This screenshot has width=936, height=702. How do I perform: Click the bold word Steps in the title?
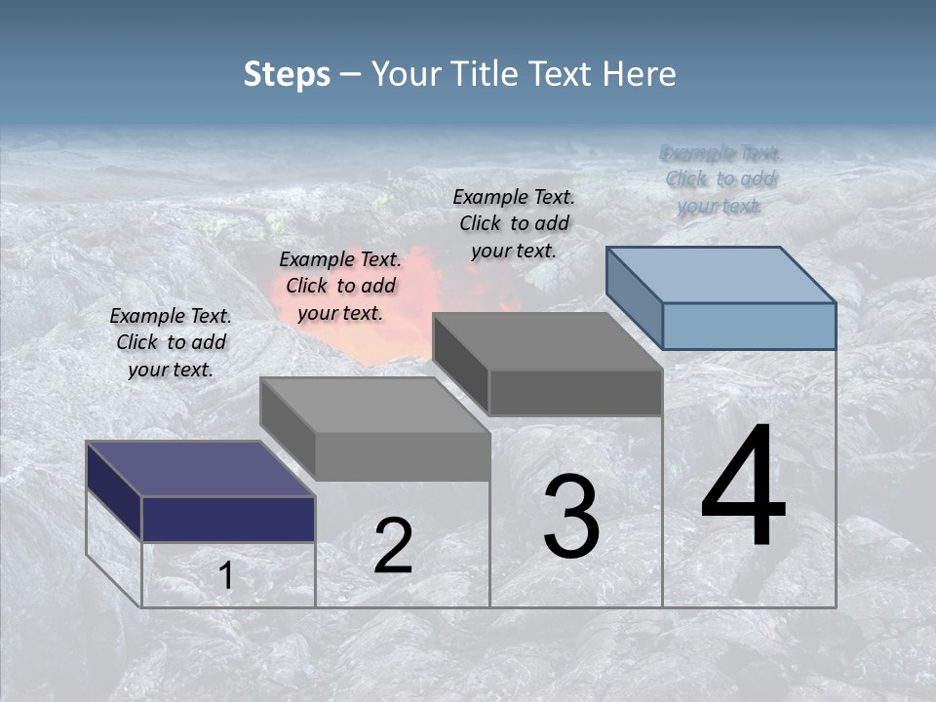point(287,74)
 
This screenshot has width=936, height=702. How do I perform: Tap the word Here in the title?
point(638,74)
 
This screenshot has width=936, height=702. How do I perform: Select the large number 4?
point(743,487)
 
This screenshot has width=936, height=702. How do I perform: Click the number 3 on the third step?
point(571,518)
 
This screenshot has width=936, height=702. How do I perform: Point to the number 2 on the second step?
point(393,546)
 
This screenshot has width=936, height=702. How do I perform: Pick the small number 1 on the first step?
point(225,576)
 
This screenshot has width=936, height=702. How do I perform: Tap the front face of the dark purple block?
point(228,519)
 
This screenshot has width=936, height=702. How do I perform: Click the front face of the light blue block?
point(749,326)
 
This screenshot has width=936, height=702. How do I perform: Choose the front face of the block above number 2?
point(402,456)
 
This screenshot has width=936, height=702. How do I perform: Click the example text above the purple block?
point(171,342)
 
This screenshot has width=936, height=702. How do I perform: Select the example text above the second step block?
point(340,286)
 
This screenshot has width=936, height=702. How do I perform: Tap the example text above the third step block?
point(514,223)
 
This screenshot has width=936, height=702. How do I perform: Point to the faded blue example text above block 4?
point(721,179)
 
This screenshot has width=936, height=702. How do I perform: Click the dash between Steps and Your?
point(350,75)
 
